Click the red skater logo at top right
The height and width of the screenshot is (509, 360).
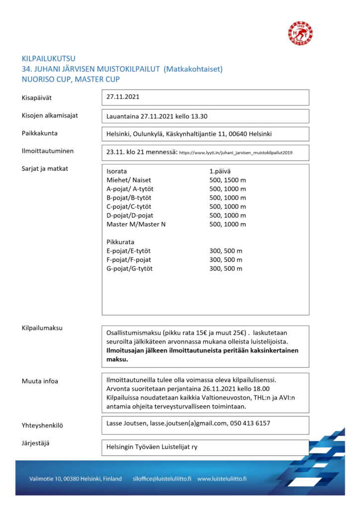click(x=301, y=33)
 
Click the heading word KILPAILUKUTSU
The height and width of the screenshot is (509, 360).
click(x=49, y=59)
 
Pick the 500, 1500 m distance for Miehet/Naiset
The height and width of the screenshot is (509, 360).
click(x=228, y=179)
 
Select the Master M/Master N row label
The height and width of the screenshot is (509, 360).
click(x=136, y=224)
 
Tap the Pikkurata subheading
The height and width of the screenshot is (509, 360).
click(x=120, y=242)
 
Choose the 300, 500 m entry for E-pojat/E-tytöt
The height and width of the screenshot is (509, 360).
click(x=226, y=251)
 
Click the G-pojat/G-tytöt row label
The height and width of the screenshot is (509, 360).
click(x=130, y=269)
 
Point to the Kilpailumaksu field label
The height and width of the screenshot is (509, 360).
click(x=42, y=328)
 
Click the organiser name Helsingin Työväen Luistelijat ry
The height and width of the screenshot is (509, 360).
click(x=152, y=447)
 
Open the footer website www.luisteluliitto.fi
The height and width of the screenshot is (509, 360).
click(x=222, y=479)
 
